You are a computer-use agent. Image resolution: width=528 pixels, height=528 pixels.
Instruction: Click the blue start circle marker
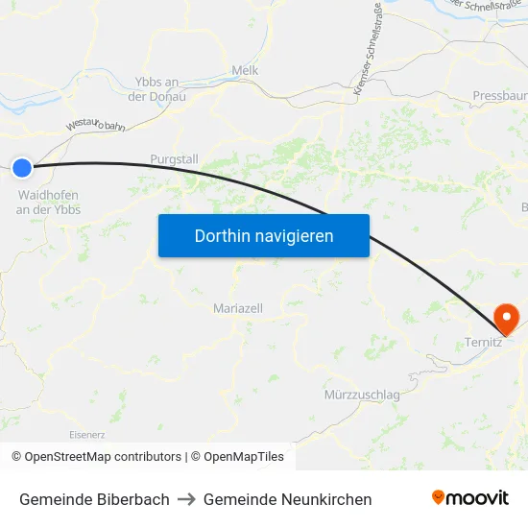tap(22, 168)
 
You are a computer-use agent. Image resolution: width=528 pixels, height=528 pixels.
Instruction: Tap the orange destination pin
tap(505, 318)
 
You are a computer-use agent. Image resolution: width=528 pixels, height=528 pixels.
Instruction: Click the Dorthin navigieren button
tap(264, 235)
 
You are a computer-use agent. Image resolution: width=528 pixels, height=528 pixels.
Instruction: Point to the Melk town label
tap(245, 70)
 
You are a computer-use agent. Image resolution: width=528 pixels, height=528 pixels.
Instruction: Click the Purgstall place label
tap(173, 158)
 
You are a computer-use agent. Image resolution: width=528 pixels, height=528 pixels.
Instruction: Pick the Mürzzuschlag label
tap(362, 395)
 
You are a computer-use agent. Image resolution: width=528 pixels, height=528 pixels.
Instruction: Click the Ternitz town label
tap(483, 343)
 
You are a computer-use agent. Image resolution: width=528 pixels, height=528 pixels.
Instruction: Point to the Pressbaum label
tap(499, 96)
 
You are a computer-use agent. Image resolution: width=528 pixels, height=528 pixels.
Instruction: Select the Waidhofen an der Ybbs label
tap(48, 202)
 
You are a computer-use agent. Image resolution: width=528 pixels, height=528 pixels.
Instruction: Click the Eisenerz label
tap(87, 434)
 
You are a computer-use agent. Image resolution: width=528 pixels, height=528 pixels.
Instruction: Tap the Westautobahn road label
tap(96, 125)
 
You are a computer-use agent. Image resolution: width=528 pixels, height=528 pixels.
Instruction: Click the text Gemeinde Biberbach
tap(94, 499)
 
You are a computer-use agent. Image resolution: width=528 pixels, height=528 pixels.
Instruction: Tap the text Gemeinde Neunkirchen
tap(287, 499)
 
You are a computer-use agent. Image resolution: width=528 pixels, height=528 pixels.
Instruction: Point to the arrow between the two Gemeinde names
tap(186, 499)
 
